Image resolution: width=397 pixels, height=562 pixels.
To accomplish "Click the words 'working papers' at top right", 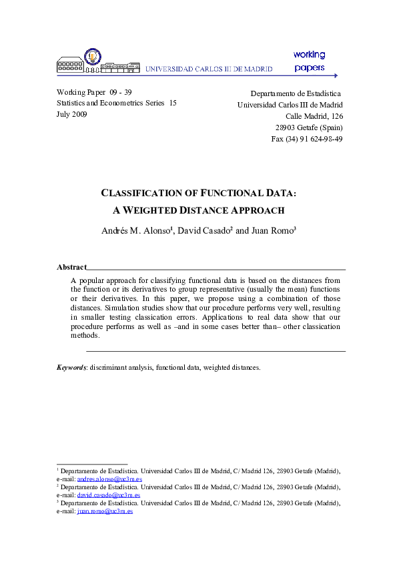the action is coord(309,60).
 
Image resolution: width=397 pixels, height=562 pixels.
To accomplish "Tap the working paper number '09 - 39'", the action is coord(119,91).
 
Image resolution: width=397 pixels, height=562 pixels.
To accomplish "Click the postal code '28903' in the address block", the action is coord(288,127).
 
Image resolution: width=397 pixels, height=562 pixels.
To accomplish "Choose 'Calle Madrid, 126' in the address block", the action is coord(314,116).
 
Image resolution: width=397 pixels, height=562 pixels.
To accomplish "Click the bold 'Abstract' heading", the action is coord(71,267).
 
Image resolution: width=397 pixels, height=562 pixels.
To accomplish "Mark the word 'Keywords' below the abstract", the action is coord(71,367).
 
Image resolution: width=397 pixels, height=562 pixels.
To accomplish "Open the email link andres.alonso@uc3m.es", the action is coord(109,479).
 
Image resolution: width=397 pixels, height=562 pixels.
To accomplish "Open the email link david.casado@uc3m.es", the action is coord(109,495).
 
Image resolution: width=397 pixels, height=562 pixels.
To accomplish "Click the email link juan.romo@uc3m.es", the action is coord(105,511).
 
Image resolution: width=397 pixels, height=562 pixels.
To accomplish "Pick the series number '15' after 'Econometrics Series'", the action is coord(172,103).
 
